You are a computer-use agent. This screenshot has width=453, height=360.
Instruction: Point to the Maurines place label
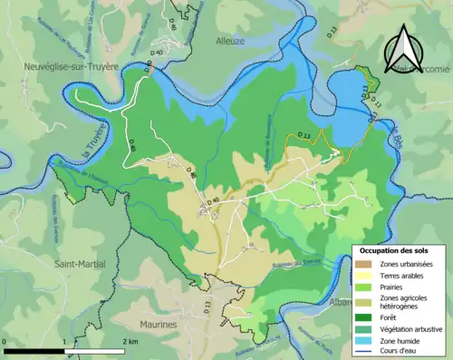(158, 322)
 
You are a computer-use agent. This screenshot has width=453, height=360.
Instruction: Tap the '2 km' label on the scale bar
(131, 342)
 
